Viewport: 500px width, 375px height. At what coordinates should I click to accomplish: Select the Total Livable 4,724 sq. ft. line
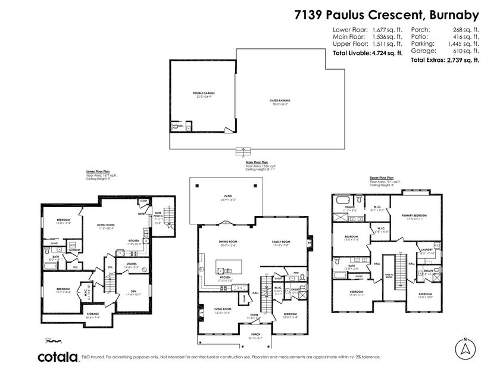pyautogui.click(x=367, y=53)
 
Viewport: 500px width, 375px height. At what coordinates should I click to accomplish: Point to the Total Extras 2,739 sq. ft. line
pyautogui.click(x=445, y=60)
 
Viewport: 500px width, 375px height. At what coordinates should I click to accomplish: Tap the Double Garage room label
pyautogui.click(x=204, y=93)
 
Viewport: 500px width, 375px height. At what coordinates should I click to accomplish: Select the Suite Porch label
pyautogui.click(x=158, y=217)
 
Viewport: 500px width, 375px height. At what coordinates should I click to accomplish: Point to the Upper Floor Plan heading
pyautogui.click(x=382, y=177)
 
